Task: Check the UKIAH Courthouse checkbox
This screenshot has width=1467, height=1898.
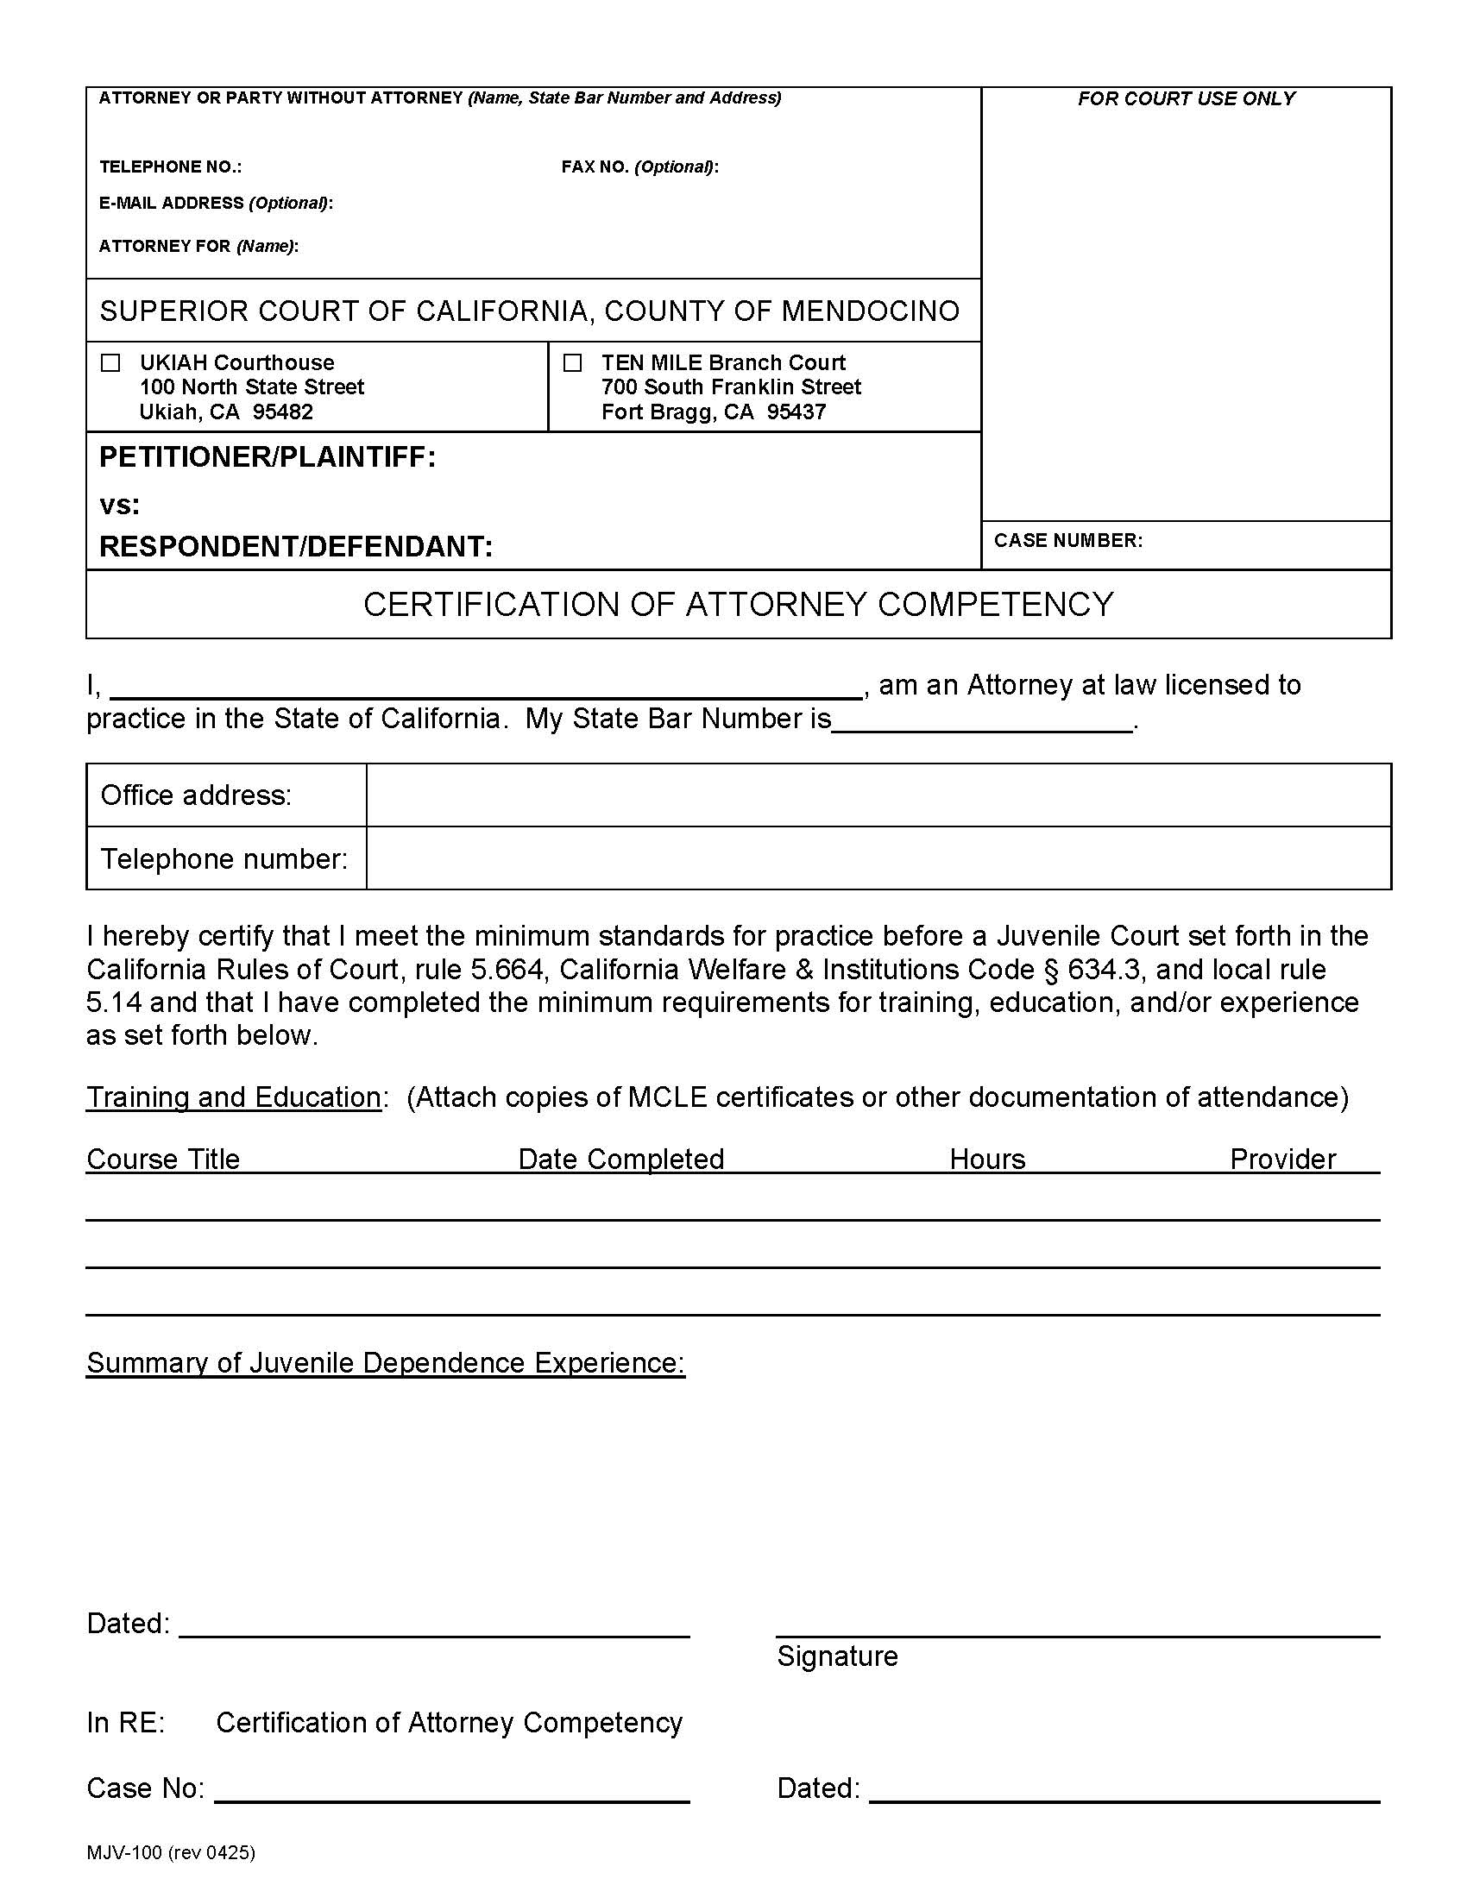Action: (110, 363)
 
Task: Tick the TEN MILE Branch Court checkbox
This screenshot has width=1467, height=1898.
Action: (572, 363)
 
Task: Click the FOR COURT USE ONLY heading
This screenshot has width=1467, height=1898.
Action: (1186, 99)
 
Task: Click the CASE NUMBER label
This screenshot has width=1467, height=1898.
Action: (1067, 541)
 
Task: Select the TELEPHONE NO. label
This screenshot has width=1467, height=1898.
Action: (170, 167)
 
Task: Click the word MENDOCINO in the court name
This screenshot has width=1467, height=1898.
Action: (869, 311)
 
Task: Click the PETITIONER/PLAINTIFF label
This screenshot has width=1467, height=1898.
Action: (267, 457)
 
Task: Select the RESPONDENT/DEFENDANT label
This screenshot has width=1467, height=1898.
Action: (295, 547)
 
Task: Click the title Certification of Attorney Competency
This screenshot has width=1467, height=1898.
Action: (738, 605)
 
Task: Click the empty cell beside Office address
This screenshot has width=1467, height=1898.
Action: (878, 795)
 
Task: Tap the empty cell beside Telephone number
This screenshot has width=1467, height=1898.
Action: (878, 858)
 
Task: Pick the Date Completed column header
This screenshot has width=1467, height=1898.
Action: (620, 1160)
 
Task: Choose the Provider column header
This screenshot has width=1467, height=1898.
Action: (1281, 1160)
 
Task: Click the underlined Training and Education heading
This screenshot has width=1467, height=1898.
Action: (233, 1097)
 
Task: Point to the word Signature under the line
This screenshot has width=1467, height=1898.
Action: (837, 1656)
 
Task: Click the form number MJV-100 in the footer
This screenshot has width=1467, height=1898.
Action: (124, 1853)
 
